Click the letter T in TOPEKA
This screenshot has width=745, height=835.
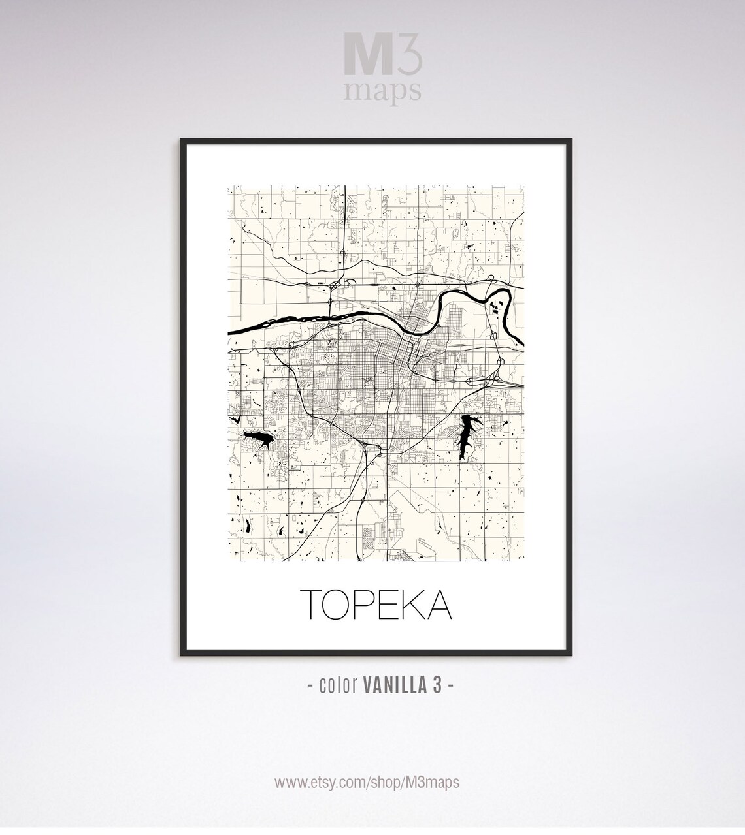click(x=312, y=605)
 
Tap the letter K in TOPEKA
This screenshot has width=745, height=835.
click(x=412, y=605)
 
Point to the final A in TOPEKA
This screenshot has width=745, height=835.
click(x=439, y=605)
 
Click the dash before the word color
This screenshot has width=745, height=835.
click(x=309, y=685)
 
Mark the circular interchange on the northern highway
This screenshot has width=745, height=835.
click(x=418, y=285)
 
